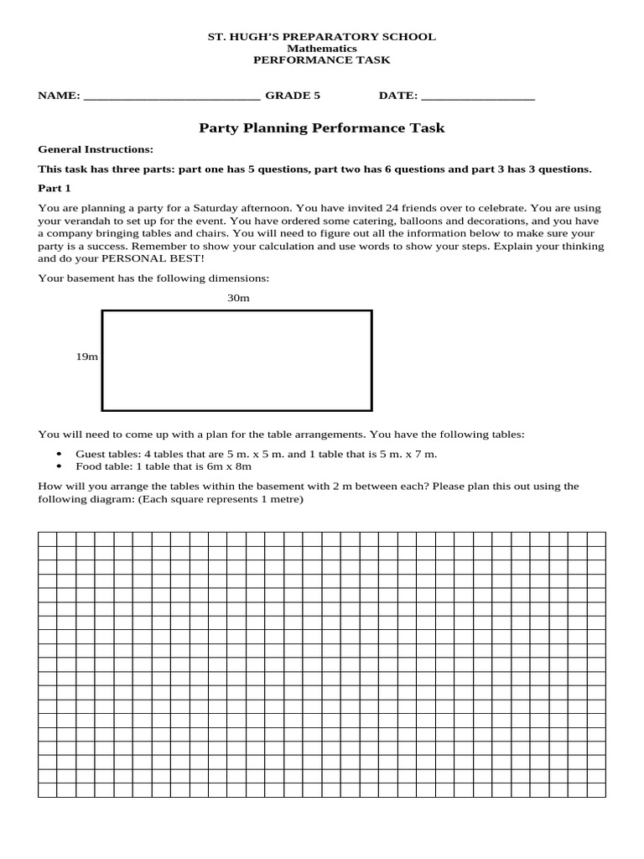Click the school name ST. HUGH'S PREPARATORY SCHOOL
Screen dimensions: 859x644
[322, 37]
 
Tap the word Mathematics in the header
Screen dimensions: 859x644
[322, 49]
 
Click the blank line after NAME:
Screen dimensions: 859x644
[172, 97]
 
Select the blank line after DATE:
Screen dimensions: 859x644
[477, 97]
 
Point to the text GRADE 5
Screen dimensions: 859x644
[293, 96]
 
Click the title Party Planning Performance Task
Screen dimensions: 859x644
[322, 128]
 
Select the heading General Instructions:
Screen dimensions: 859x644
[96, 149]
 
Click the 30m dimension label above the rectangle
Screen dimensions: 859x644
[238, 298]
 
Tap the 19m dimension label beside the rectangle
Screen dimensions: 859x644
[87, 357]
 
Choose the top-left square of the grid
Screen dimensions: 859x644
[47, 539]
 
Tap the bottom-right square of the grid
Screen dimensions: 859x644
[596, 790]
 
